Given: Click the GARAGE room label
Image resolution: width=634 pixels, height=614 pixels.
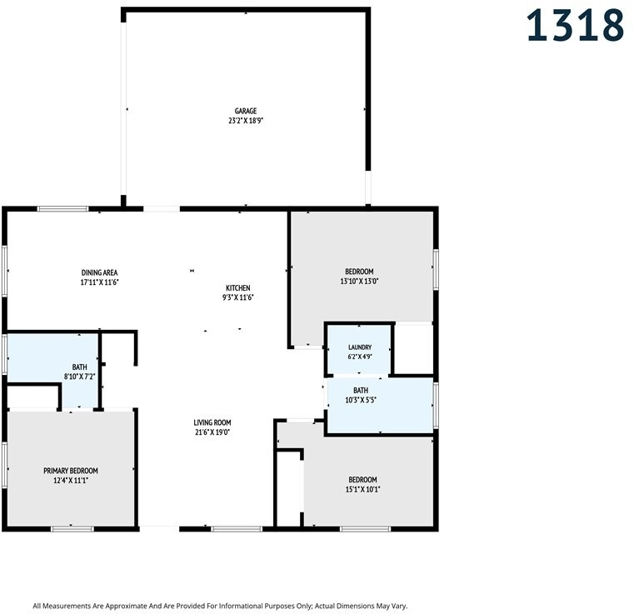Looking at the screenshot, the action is pyautogui.click(x=246, y=111).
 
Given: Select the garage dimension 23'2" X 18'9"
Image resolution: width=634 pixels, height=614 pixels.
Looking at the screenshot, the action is pyautogui.click(x=246, y=121).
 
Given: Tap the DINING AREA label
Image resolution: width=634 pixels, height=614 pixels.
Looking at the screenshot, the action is pyautogui.click(x=99, y=273).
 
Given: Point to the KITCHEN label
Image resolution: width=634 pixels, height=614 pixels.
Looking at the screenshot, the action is pyautogui.click(x=237, y=288).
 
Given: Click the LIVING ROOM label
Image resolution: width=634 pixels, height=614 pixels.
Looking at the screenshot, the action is pyautogui.click(x=212, y=423).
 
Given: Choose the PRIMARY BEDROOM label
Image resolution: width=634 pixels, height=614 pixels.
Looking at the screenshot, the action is pyautogui.click(x=71, y=471).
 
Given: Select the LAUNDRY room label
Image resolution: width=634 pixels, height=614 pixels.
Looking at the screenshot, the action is pyautogui.click(x=360, y=347).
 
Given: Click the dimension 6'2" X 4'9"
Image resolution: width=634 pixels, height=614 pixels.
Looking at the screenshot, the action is pyautogui.click(x=360, y=357).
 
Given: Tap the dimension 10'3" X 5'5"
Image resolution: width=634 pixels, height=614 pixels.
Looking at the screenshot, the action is pyautogui.click(x=361, y=401).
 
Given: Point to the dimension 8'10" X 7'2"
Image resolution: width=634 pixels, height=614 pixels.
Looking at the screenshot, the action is pyautogui.click(x=80, y=377).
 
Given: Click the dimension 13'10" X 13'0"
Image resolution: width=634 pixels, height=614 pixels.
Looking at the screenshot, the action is pyautogui.click(x=359, y=282).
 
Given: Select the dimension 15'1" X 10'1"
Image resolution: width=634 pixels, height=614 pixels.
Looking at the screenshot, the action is pyautogui.click(x=362, y=490).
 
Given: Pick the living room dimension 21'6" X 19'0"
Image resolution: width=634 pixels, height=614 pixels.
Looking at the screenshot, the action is pyautogui.click(x=212, y=432).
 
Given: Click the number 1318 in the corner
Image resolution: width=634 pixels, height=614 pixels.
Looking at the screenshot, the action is pyautogui.click(x=575, y=26).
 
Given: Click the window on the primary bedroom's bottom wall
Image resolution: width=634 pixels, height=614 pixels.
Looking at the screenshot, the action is pyautogui.click(x=72, y=529).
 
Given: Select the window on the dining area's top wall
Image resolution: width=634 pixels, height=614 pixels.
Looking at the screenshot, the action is pyautogui.click(x=62, y=209).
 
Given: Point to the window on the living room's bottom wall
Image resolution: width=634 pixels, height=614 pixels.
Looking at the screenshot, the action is pyautogui.click(x=237, y=529).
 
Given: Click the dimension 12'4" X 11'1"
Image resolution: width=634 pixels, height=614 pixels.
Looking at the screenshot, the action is pyautogui.click(x=71, y=481).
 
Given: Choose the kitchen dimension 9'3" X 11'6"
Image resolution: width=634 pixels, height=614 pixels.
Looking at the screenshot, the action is pyautogui.click(x=237, y=298).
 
